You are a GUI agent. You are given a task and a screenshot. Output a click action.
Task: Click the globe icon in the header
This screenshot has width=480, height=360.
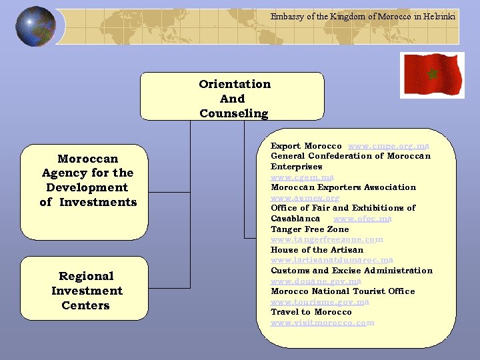click(35, 27)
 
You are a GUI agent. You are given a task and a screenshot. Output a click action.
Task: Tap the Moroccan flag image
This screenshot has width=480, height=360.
click(431, 74)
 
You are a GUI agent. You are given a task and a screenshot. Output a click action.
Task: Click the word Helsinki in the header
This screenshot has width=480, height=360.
click(441, 16)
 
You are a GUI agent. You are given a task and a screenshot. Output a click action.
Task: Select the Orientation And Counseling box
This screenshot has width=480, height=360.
click(233, 97)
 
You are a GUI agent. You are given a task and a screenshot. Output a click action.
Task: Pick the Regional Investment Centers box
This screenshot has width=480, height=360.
click(87, 291)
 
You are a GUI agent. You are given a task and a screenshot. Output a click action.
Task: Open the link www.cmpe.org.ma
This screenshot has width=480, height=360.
click(389, 146)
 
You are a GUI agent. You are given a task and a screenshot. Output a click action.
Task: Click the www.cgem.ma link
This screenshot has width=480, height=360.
click(302, 177)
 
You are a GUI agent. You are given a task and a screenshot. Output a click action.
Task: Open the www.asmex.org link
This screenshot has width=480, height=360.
click(305, 198)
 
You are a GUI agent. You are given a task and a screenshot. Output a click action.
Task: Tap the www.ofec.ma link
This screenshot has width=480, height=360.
click(362, 219)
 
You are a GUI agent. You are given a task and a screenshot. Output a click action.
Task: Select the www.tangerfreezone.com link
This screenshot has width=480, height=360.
click(327, 239)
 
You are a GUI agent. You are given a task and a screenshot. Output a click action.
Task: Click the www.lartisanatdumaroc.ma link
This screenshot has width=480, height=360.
click(331, 260)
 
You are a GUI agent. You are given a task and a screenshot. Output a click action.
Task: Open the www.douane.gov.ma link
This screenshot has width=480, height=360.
click(315, 281)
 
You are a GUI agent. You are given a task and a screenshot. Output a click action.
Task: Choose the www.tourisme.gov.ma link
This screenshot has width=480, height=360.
click(319, 302)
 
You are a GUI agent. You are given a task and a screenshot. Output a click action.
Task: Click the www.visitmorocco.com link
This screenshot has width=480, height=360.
click(322, 323)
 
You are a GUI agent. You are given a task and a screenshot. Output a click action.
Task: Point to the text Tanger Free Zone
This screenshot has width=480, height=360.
click(309, 229)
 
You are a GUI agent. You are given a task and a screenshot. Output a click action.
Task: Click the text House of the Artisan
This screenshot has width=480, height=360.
click(317, 250)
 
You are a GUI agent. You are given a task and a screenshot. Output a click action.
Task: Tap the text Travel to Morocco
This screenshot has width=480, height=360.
click(311, 312)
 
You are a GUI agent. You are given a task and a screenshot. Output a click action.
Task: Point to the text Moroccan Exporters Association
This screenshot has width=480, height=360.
click(343, 187)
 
